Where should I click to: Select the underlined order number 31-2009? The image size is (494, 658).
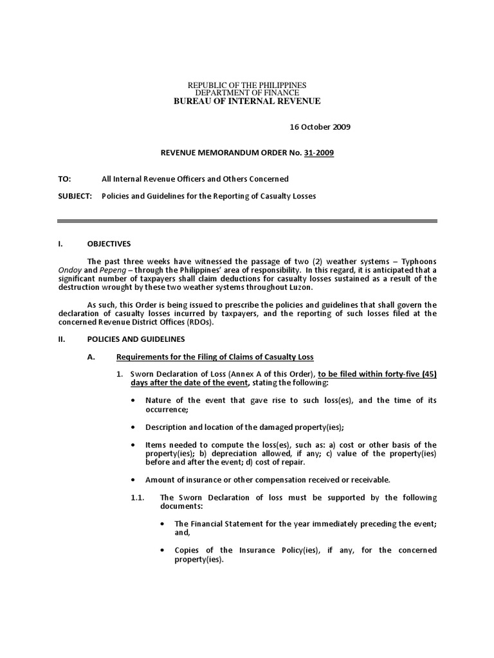tap(320, 153)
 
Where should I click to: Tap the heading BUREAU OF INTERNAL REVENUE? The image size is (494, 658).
tap(247, 101)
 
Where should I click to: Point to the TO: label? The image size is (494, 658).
tap(64, 179)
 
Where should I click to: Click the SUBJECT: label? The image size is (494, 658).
tap(75, 195)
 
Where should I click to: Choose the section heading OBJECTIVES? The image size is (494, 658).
tap(109, 244)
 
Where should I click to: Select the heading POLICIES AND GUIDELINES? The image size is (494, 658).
tap(136, 339)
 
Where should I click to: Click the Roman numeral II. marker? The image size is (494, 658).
tap(62, 339)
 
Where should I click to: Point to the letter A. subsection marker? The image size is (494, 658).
tap(91, 357)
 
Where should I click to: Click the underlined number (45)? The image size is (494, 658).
tap(426, 374)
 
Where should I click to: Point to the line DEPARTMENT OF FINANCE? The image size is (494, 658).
tap(247, 93)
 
